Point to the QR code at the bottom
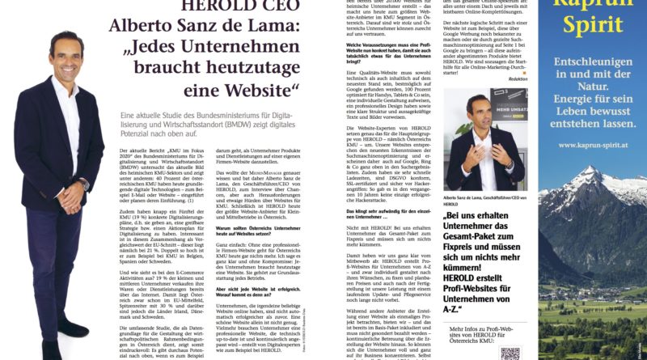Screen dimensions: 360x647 (510, 354)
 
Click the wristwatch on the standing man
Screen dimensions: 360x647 (83, 185)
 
